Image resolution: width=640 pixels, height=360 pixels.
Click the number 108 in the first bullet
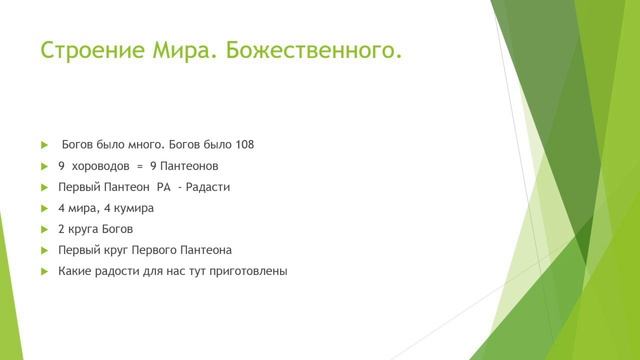click(x=244, y=144)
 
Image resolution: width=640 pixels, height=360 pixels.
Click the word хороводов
click(x=102, y=165)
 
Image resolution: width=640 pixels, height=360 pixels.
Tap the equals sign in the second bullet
click(x=140, y=165)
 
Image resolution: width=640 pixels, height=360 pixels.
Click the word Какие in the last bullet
click(x=75, y=271)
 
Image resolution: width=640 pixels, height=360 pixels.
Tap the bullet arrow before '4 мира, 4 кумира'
click(x=44, y=208)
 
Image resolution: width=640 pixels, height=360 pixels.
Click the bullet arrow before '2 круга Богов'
click(x=44, y=229)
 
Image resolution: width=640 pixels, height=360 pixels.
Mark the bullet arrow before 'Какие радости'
click(x=44, y=271)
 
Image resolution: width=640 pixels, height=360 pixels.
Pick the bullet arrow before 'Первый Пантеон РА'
click(x=44, y=187)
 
